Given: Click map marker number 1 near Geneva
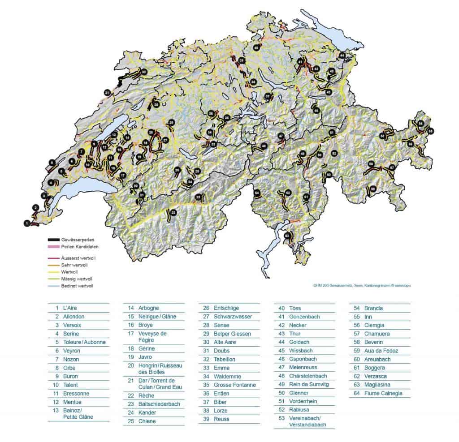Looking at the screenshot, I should point(27,223).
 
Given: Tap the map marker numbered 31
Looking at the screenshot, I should point(107,93).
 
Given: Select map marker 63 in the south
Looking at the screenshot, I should point(287,235).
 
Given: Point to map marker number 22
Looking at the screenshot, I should point(173,212).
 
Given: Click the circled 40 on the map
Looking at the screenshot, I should point(256,47).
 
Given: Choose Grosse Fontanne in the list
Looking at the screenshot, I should point(235,385).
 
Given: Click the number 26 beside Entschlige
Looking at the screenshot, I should point(207,308).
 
